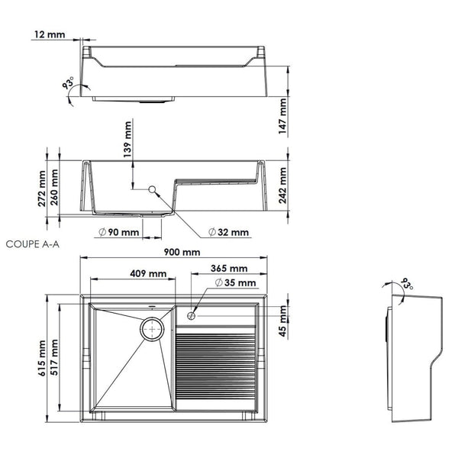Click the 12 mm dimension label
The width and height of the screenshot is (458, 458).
[x=50, y=34]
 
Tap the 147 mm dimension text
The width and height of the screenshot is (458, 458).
[x=283, y=117]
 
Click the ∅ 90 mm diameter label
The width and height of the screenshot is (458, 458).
[x=118, y=232]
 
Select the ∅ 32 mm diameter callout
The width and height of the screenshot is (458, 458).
[x=228, y=232]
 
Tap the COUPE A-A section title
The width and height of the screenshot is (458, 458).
[x=31, y=245]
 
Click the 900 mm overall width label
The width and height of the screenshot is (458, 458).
[x=180, y=253]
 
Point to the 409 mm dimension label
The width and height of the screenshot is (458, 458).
[x=148, y=273]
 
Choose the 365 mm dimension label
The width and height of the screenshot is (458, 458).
[x=229, y=269]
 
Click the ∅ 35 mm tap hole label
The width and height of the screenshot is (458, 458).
[x=236, y=283]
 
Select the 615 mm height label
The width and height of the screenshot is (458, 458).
[x=42, y=359]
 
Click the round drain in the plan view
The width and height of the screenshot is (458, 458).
[x=153, y=328]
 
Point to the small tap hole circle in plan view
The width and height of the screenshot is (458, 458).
[x=192, y=314]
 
